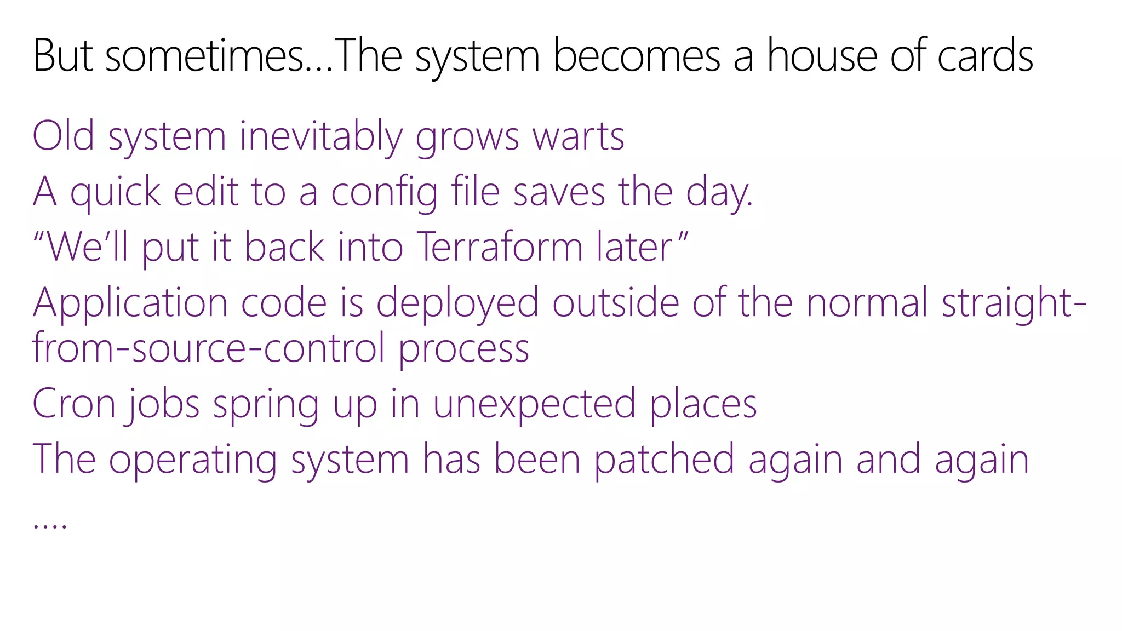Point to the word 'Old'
pyautogui.click(x=64, y=136)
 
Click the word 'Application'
pyautogui.click(x=130, y=303)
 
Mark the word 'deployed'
pyautogui.click(x=457, y=303)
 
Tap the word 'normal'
pyautogui.click(x=867, y=303)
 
